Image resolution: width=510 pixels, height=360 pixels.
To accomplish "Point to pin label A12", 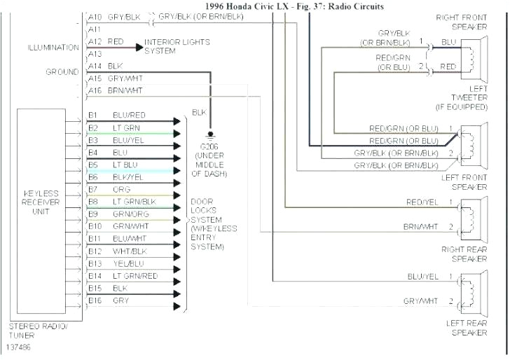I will tap(95, 42).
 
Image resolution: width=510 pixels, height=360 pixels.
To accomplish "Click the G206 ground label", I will tap(209, 147).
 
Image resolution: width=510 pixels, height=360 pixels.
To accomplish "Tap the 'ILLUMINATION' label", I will tap(53, 48).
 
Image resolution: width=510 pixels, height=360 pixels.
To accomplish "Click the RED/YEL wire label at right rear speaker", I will tap(422, 202).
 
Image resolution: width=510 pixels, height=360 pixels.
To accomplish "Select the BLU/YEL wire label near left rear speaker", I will tap(423, 277).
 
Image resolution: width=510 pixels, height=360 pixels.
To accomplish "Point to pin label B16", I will tap(95, 300).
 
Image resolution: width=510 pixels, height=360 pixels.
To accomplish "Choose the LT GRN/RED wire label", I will tap(135, 276).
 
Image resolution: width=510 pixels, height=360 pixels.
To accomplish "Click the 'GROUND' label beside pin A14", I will tap(62, 72).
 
